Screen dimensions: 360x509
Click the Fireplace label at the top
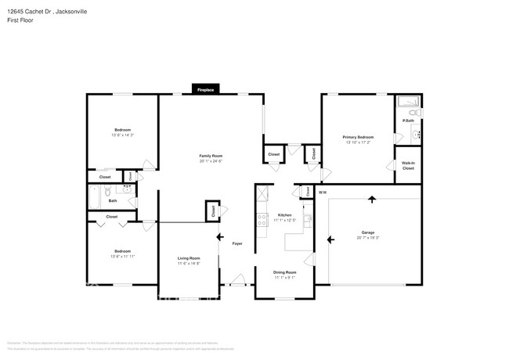tap(205, 90)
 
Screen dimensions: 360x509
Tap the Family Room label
tap(211, 156)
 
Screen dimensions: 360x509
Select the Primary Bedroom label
tap(358, 137)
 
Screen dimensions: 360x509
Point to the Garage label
tap(367, 232)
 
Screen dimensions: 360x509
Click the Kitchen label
tap(284, 214)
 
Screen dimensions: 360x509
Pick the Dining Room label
tap(284, 273)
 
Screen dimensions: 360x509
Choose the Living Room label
tap(189, 258)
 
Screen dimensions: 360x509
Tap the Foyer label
tap(237, 243)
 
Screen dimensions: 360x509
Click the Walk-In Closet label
tap(408, 166)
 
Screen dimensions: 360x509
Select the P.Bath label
tap(408, 121)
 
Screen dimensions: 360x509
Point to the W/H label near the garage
tap(322, 192)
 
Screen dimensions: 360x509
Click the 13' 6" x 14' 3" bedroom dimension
tap(122, 135)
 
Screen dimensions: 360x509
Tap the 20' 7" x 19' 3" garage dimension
tap(367, 237)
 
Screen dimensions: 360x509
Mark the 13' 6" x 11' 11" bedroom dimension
tap(122, 257)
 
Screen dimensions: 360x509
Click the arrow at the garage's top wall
tap(372, 199)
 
